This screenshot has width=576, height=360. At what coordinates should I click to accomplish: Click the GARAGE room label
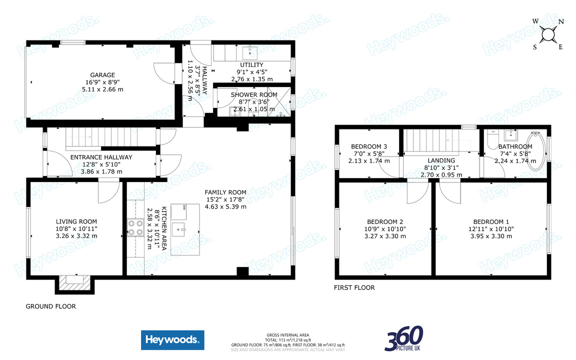pos(102,75)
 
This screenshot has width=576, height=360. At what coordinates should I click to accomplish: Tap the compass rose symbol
pos(548,34)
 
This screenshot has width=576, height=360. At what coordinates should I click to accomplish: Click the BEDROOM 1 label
pos(491,222)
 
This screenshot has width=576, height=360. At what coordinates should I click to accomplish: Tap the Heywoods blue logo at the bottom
pos(172,340)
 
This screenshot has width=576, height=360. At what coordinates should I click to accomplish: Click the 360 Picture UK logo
pos(404,338)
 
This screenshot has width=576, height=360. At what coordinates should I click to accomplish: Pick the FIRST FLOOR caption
pos(354,287)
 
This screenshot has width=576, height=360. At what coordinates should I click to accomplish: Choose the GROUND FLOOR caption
pos(51,306)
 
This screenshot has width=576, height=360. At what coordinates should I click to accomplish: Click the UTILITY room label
pos(251,65)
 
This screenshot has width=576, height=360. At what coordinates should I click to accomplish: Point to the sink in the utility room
pos(248,51)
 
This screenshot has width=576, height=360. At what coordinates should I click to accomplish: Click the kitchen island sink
pos(179,230)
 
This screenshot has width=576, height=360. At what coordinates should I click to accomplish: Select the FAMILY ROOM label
pos(225,192)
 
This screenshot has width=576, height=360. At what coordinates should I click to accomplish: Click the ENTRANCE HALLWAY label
pos(101,157)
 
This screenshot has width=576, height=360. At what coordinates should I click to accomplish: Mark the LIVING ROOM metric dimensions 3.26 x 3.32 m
pos(76,236)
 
